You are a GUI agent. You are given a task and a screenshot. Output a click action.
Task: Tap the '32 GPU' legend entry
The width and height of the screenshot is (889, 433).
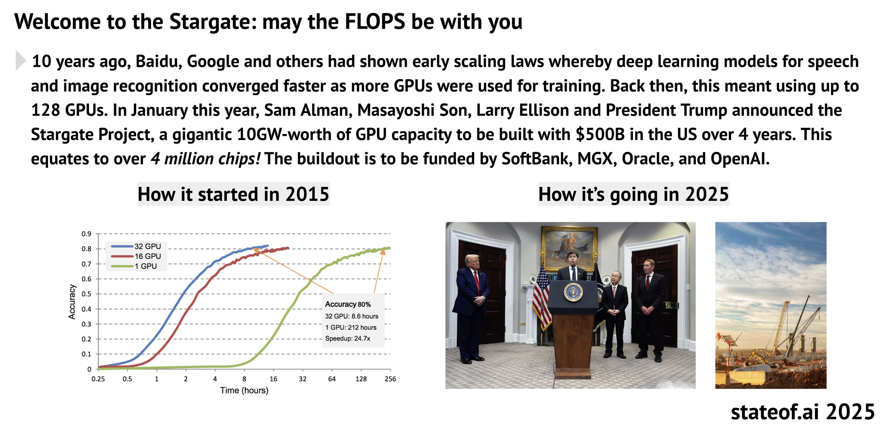[136, 246]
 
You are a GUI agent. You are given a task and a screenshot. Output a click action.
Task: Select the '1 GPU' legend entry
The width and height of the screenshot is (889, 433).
[134, 266]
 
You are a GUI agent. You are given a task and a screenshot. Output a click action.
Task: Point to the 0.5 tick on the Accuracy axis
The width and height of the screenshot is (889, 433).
[86, 294]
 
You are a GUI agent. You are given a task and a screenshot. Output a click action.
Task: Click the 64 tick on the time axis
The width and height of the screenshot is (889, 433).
[332, 379]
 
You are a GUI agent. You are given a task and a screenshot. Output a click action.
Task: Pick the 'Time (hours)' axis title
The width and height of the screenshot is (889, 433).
[244, 390]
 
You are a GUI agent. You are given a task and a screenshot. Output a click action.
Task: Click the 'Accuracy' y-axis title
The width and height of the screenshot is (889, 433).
[72, 302]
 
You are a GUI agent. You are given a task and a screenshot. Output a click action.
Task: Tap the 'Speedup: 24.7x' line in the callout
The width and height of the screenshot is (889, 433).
[348, 338]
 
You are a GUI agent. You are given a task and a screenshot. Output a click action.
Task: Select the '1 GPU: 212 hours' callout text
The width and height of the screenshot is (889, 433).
[351, 327]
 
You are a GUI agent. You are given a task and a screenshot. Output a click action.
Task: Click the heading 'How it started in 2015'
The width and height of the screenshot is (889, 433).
[234, 194]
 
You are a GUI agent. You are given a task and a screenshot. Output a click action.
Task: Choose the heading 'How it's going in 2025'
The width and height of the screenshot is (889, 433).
[634, 194]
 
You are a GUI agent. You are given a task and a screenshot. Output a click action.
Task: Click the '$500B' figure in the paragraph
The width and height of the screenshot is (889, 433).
[600, 134]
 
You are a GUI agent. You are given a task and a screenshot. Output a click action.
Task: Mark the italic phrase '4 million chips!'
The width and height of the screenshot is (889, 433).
[206, 159]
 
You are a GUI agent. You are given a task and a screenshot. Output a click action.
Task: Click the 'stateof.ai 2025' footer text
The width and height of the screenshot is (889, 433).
[803, 412]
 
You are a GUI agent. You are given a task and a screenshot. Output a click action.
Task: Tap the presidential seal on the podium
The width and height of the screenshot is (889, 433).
[573, 292]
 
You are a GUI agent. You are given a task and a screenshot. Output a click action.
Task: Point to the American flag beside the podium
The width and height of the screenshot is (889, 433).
[542, 297]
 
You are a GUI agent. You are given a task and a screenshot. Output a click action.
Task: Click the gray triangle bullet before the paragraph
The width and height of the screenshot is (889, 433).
[20, 61]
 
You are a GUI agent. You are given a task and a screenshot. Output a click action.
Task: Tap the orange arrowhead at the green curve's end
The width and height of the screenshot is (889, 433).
[383, 252]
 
